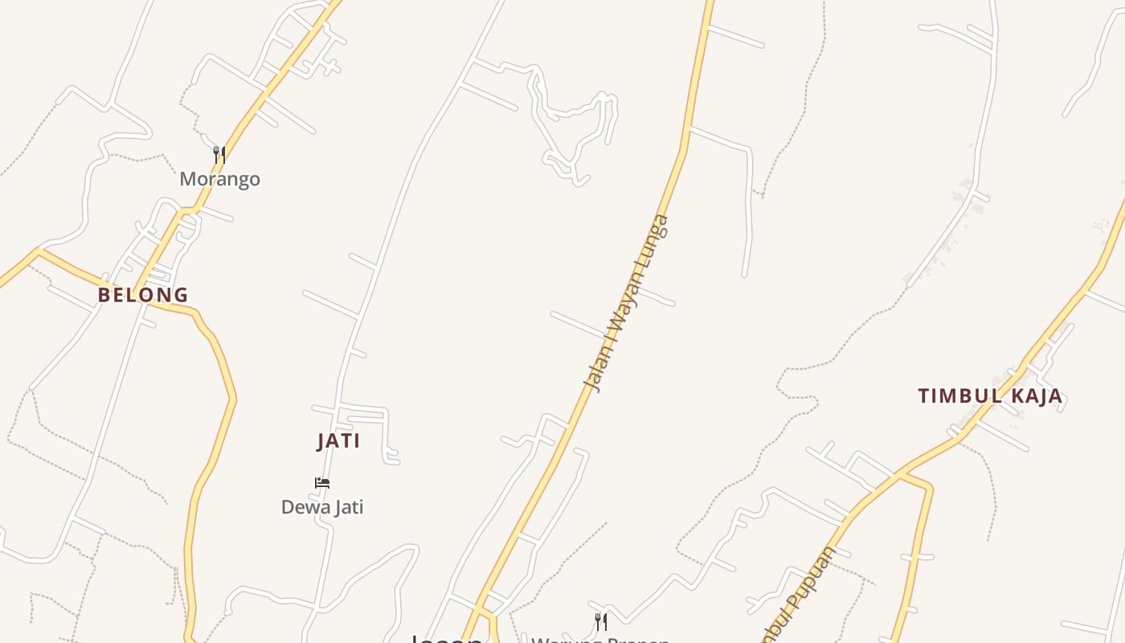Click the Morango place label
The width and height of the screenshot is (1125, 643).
click(x=219, y=178)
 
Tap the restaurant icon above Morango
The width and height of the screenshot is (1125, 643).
click(x=219, y=154)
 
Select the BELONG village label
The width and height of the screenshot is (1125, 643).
click(x=143, y=295)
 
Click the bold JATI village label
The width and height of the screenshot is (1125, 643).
click(x=338, y=441)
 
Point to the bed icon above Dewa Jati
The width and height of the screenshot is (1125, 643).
click(x=322, y=483)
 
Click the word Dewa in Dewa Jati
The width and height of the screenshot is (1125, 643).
click(x=301, y=507)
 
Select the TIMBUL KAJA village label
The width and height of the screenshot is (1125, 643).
click(x=990, y=396)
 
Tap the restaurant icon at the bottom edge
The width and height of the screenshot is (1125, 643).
click(x=600, y=621)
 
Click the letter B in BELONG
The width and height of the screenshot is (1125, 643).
click(x=104, y=295)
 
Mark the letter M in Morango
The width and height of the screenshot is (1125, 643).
click(x=187, y=178)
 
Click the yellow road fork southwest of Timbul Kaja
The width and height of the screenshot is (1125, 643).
click(x=902, y=474)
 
